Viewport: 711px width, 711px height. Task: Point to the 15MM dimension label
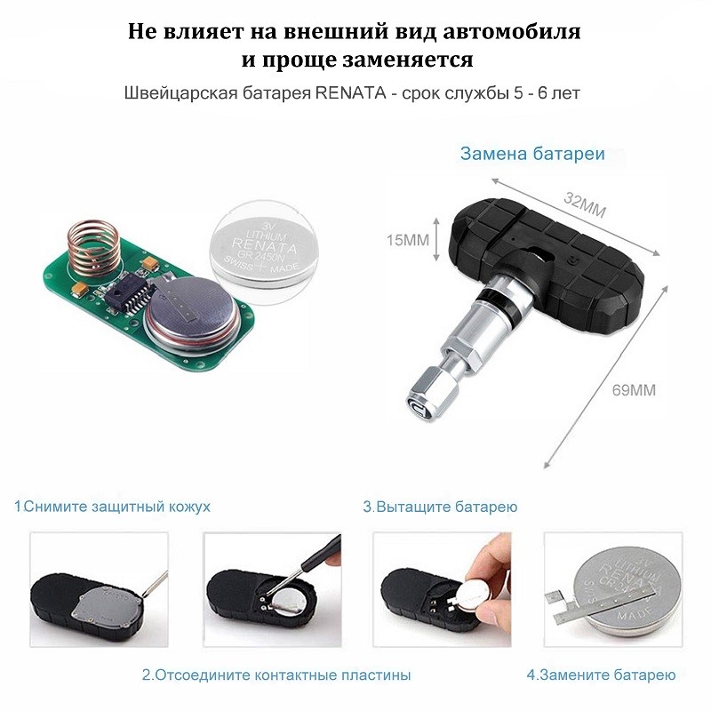[x=407, y=240]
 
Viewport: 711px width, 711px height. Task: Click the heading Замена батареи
[x=532, y=154]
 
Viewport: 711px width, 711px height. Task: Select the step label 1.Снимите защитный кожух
[x=112, y=507]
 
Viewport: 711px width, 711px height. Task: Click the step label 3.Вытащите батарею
[x=440, y=507]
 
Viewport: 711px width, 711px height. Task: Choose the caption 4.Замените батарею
[x=600, y=675]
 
